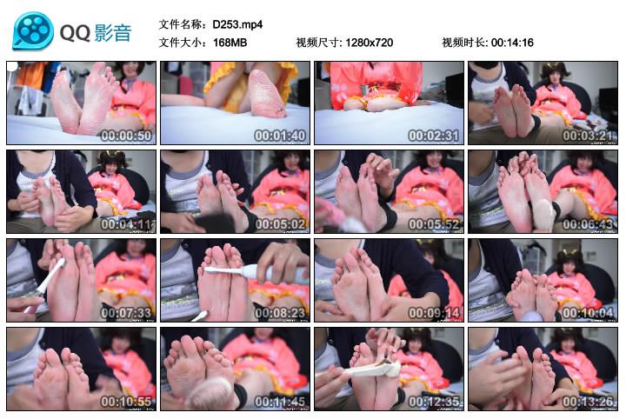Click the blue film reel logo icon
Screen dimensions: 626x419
33,31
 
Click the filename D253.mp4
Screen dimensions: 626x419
237,24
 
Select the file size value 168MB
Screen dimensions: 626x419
230,43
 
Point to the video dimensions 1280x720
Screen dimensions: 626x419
370,43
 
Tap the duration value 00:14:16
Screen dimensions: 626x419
512,43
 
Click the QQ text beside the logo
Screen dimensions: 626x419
75,33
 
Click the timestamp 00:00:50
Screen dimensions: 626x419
126,136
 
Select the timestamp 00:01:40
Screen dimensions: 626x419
280,136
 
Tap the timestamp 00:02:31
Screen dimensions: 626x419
434,136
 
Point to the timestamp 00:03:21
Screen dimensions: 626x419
588,136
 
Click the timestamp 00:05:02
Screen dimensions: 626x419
280,224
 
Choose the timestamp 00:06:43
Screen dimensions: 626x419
588,224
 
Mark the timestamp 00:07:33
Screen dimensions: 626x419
126,313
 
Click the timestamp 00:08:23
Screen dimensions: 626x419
280,313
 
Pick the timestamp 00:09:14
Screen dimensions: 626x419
434,313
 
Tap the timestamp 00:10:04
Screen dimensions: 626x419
588,313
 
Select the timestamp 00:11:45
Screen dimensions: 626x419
280,402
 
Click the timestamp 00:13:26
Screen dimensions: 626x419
588,402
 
